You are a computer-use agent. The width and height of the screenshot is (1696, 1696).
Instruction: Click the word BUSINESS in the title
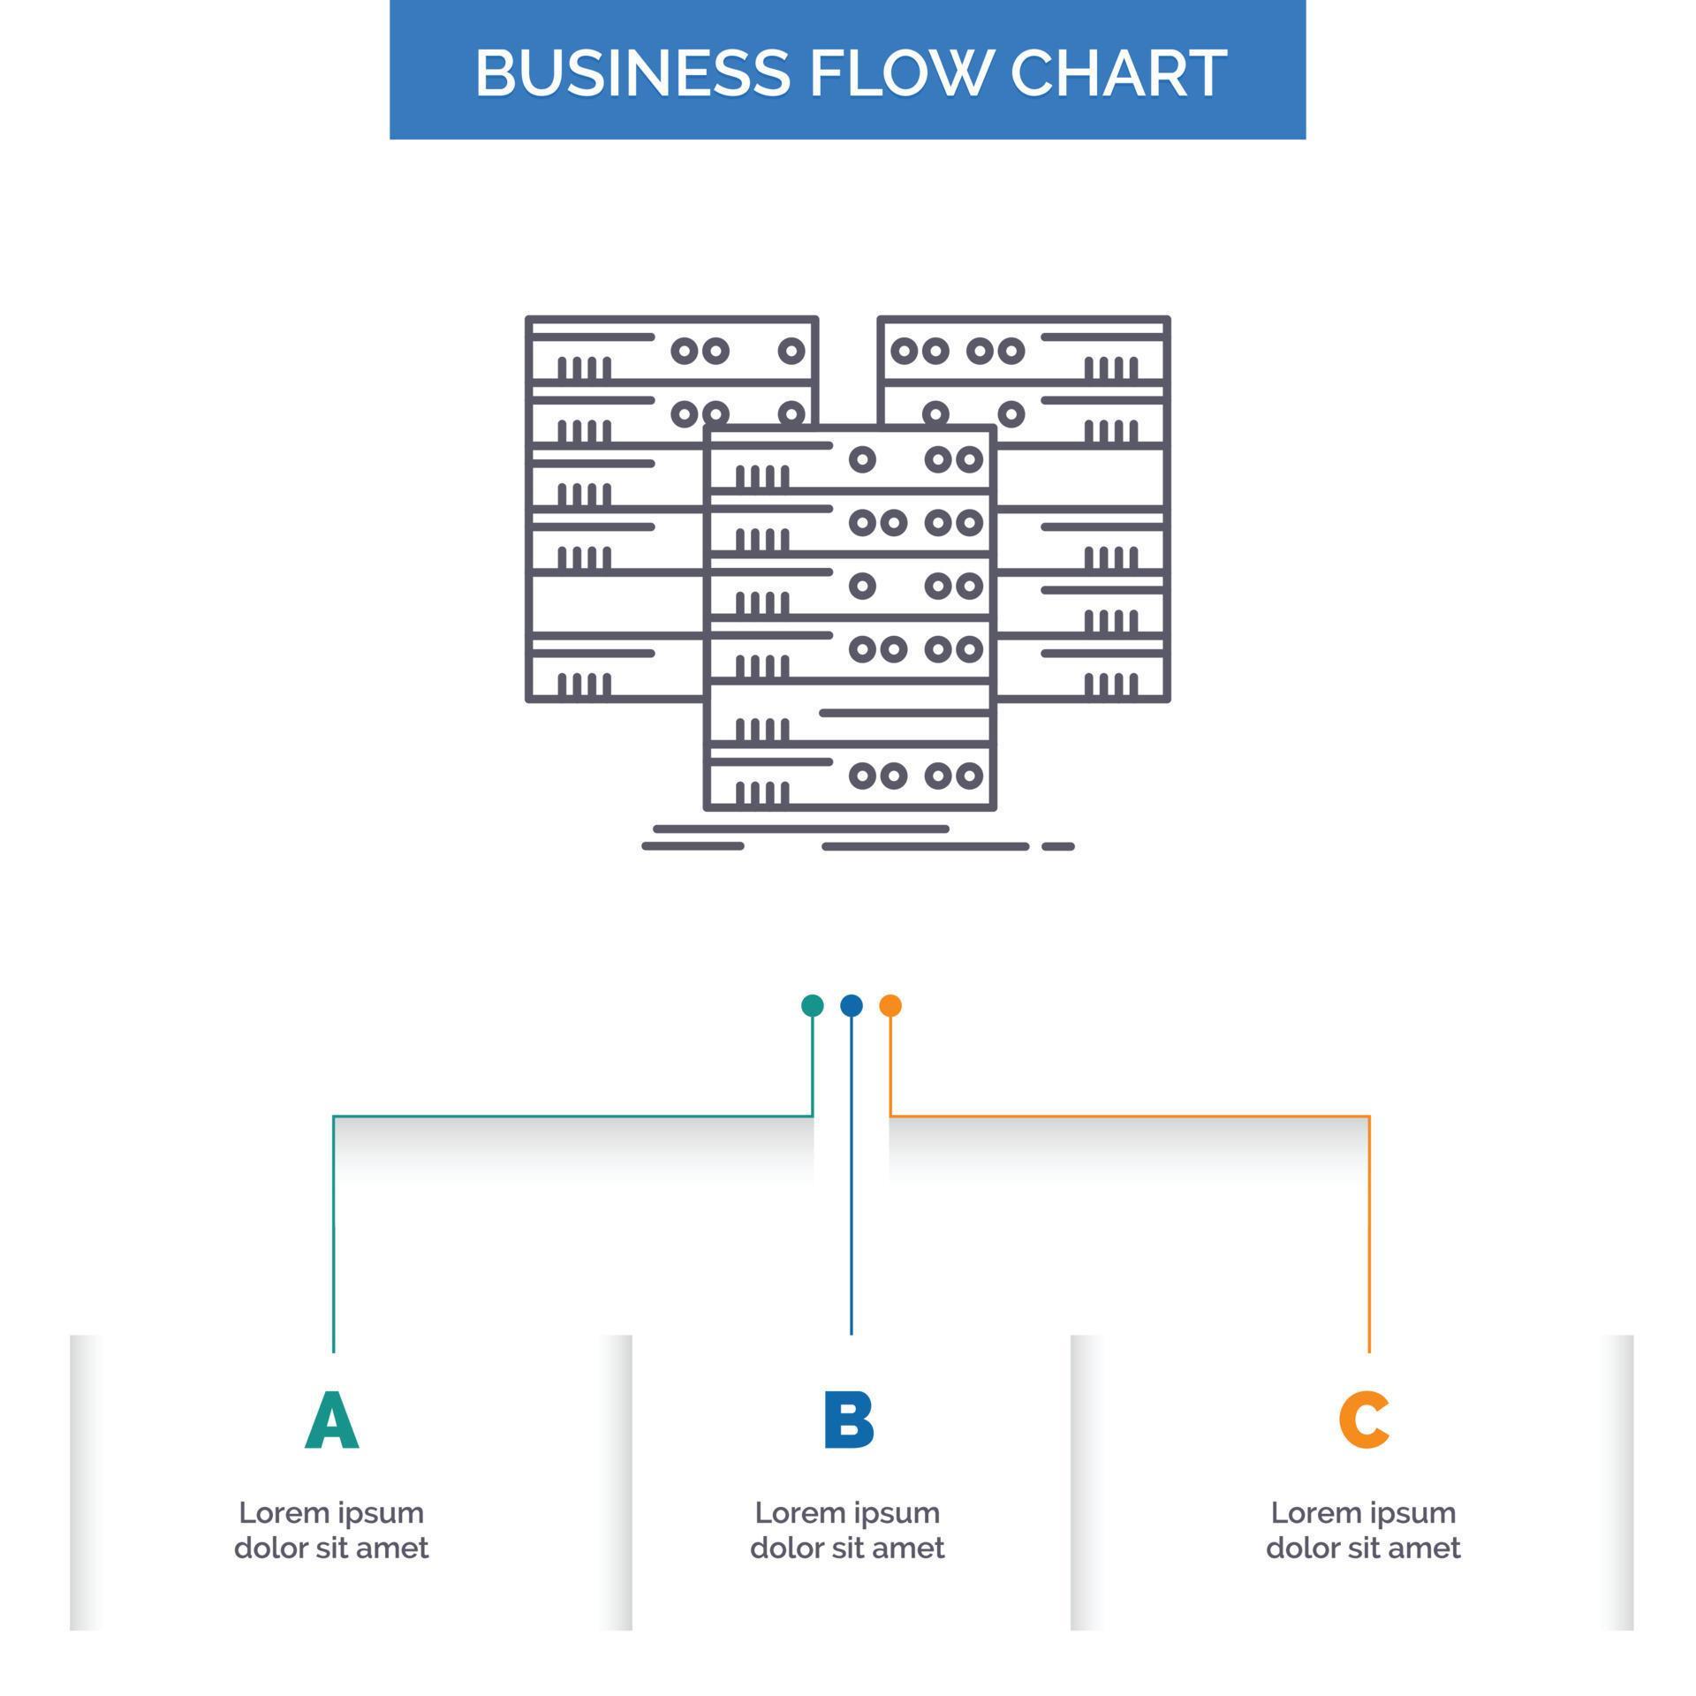[x=632, y=72]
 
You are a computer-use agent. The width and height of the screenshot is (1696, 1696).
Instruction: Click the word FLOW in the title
[x=896, y=72]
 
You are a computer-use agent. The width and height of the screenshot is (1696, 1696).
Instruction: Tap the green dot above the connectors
[x=812, y=1005]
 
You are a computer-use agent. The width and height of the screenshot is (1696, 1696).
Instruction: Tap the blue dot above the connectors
[x=851, y=1005]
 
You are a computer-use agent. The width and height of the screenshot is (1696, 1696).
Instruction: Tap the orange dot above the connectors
[x=890, y=1005]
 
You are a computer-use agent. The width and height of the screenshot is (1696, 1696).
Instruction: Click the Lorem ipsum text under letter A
[x=331, y=1529]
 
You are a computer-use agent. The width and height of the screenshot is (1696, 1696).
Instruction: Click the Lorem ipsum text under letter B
[x=847, y=1529]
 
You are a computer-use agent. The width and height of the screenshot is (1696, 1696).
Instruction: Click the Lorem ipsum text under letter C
[x=1363, y=1529]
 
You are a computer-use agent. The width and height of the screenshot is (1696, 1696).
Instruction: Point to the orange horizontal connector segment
[x=1131, y=1117]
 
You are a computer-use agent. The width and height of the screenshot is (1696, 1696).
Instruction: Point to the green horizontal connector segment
[x=574, y=1117]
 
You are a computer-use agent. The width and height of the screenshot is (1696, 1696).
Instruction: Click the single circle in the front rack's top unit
[x=862, y=459]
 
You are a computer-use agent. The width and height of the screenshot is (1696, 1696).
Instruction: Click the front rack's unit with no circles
[x=851, y=713]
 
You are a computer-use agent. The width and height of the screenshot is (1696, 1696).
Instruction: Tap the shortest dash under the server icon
[x=1057, y=846]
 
